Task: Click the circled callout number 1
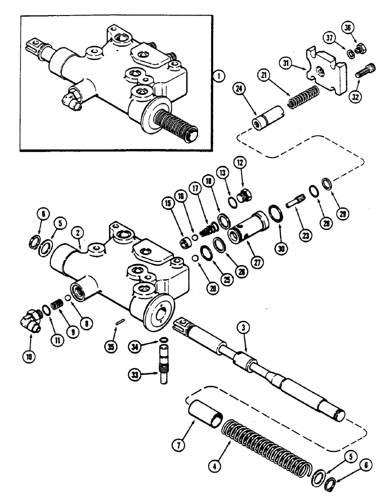pos(217,77)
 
